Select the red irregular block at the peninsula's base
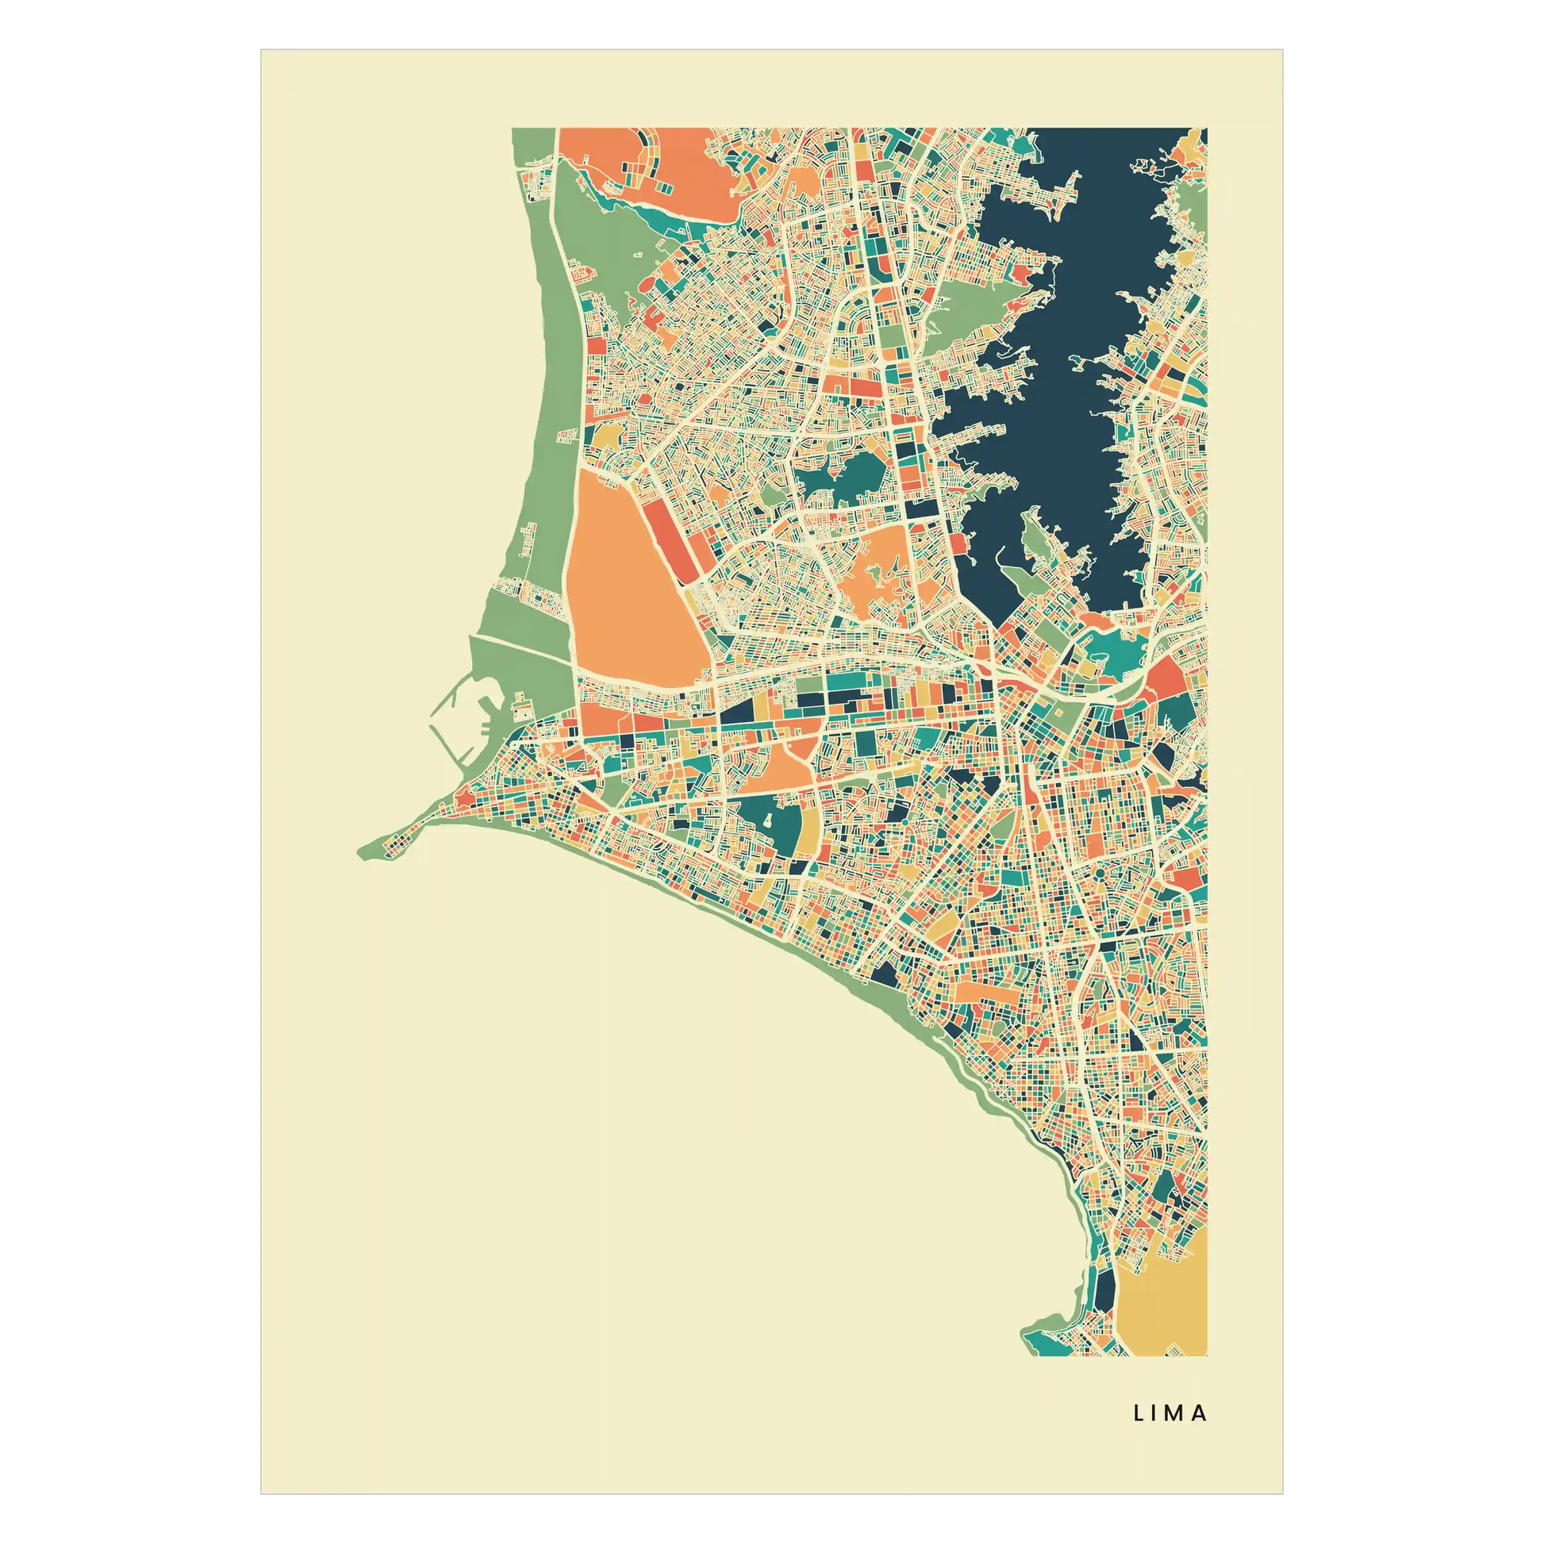[464, 795]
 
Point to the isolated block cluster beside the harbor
[521, 706]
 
